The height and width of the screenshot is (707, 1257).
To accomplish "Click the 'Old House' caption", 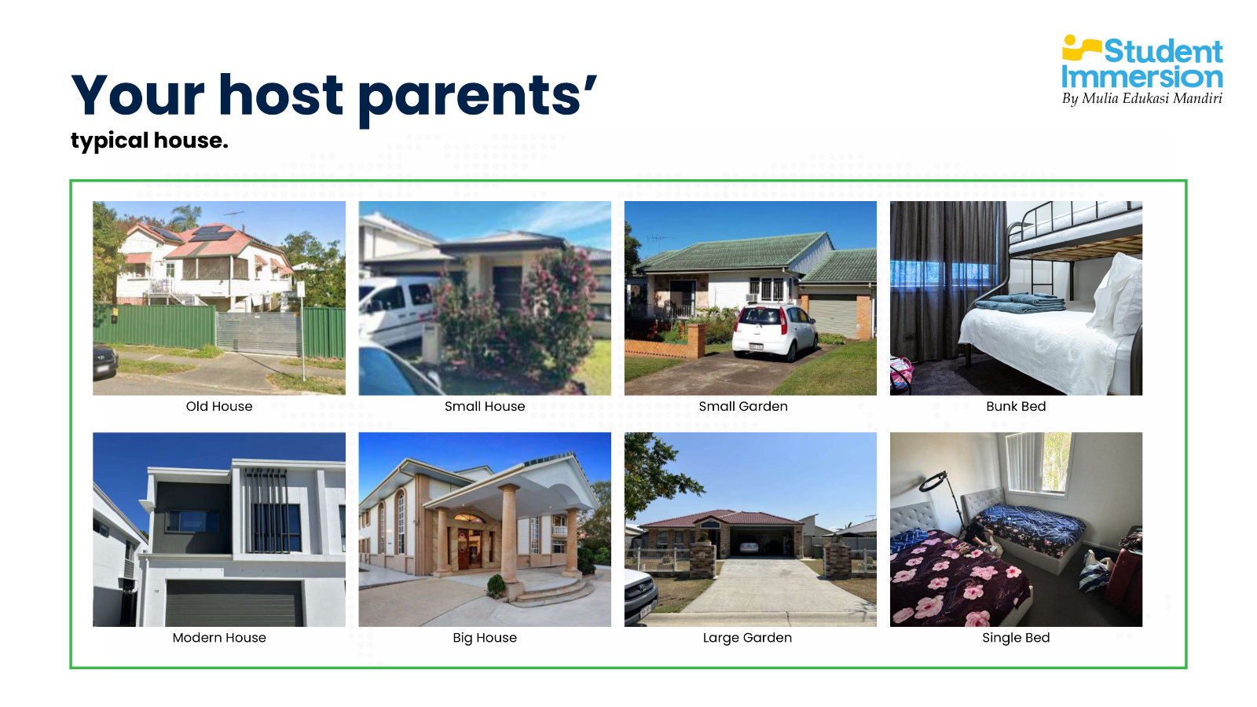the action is point(219,406).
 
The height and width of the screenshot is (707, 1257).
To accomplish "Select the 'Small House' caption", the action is point(485,406).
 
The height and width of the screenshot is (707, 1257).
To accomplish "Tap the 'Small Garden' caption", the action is point(743,406).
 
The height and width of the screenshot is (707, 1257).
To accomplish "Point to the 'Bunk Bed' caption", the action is point(1016,406).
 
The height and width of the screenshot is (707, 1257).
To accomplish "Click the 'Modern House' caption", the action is point(219,637).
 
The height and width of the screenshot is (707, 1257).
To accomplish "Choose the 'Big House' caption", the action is point(485,638).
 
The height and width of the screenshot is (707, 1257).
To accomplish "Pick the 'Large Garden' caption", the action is point(747,638).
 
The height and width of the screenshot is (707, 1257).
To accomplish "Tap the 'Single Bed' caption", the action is point(1016,638).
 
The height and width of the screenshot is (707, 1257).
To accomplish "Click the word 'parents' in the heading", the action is point(476,97).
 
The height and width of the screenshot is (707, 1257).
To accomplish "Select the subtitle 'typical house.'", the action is point(149,141).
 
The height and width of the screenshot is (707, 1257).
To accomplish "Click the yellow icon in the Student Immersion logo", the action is point(1081,48).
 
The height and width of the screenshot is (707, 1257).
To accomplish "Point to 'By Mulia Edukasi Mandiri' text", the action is point(1142,99).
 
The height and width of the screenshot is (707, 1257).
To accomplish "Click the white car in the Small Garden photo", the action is point(774,332).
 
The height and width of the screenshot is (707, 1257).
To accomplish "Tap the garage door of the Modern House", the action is point(234,603).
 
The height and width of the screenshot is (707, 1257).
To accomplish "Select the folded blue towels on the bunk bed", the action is point(1021,302).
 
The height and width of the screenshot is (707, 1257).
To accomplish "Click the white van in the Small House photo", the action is point(396,310).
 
